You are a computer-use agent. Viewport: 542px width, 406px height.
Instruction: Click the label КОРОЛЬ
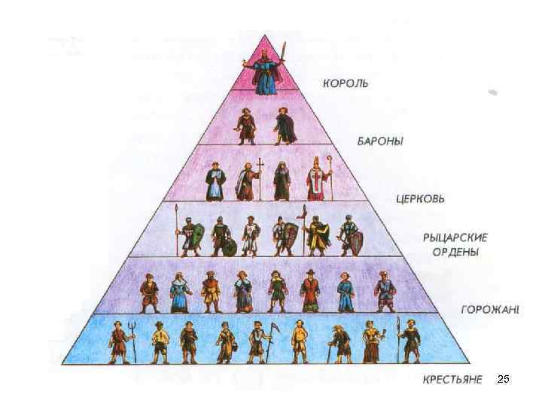click(x=346, y=83)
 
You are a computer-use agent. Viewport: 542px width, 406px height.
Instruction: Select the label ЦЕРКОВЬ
click(x=420, y=199)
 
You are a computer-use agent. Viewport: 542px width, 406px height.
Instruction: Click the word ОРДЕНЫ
click(x=455, y=251)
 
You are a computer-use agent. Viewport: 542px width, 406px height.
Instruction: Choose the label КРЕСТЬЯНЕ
click(x=452, y=380)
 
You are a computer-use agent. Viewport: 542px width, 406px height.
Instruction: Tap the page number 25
click(x=504, y=380)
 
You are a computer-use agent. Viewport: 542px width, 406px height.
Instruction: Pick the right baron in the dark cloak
click(x=284, y=126)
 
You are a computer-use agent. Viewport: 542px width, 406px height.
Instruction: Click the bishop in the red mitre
click(x=318, y=180)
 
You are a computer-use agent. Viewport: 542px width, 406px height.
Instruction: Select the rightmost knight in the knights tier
click(x=350, y=235)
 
